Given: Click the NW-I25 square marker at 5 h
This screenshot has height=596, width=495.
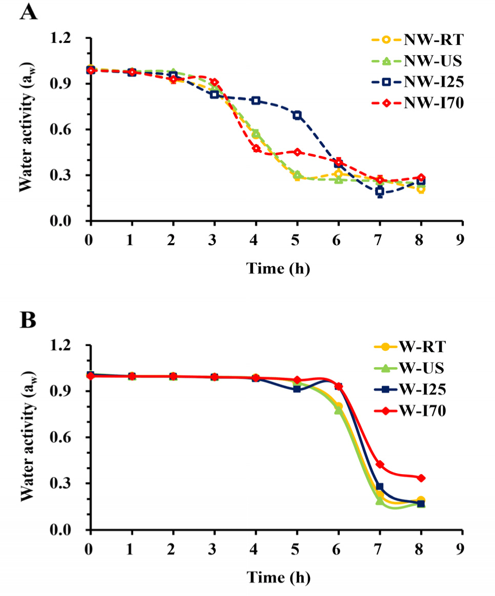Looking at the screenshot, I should point(297,115).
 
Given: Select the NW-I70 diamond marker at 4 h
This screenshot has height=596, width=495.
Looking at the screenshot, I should point(256,148).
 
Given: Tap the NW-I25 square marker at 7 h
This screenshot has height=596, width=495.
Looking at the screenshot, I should point(380,191).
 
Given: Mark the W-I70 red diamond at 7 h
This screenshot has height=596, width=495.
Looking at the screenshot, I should point(380,464).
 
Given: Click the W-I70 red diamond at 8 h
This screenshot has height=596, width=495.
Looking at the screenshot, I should point(421,478).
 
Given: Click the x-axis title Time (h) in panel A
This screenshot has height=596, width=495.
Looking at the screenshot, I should point(278,268).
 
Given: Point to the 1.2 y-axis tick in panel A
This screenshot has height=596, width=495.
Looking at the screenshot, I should point(72,38).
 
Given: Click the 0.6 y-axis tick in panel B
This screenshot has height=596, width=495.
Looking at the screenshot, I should point(72,438).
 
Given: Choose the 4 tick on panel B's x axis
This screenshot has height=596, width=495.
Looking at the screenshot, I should point(256,546).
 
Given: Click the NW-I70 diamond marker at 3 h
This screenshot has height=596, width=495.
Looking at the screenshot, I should point(214,82).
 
